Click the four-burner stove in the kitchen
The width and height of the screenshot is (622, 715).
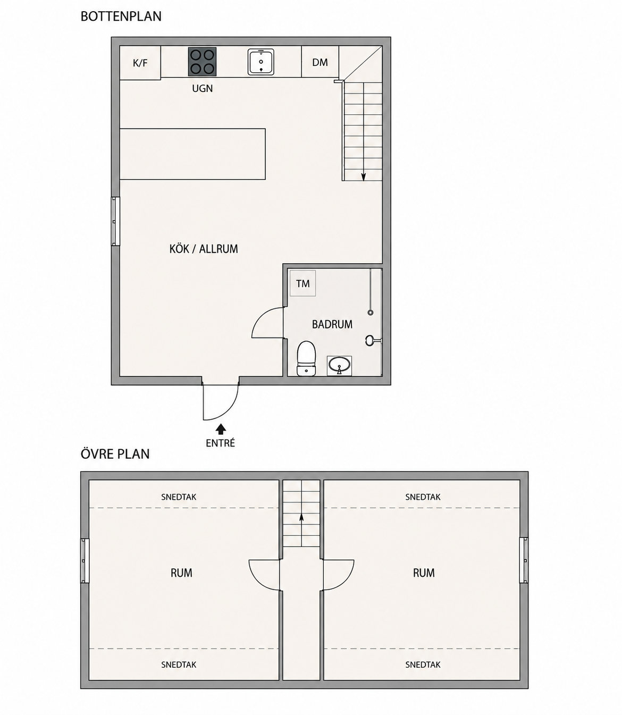point(202,62)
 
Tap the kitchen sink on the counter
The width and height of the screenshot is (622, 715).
point(260,62)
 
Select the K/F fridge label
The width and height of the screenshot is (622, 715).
point(140,63)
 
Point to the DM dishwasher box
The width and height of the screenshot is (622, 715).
point(320,62)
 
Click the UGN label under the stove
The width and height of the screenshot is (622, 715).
point(203,88)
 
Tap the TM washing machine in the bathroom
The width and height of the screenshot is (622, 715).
point(302,283)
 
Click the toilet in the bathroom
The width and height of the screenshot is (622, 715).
point(306,358)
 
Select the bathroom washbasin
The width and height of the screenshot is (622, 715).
point(339,366)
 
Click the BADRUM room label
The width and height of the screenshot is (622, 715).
point(332,324)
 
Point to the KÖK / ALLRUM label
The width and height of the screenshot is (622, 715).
point(204,249)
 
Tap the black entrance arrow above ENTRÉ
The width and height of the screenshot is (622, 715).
point(221,429)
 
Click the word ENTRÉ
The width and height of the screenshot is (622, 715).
point(220,443)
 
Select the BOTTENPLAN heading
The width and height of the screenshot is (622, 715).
point(121,16)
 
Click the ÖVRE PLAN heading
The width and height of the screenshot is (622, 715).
point(115,454)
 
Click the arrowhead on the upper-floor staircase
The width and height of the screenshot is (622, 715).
point(301,517)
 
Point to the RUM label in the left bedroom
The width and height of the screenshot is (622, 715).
point(181,573)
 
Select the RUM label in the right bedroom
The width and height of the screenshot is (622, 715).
point(424,573)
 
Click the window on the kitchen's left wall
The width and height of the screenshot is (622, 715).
point(115,221)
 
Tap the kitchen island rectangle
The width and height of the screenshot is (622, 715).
point(192,154)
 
